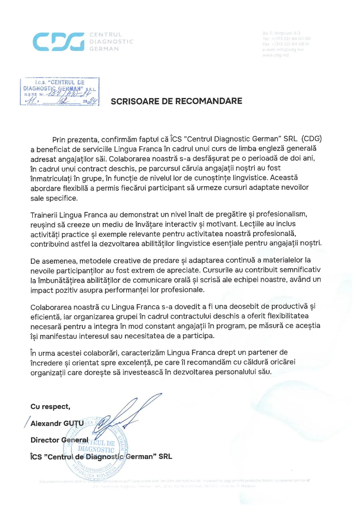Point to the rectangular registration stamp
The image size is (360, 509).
tap(60, 91)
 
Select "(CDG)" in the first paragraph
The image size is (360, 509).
tap(312, 139)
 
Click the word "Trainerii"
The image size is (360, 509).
tap(44, 215)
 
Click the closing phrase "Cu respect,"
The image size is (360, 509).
tap(50, 407)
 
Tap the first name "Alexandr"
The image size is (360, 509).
tap(46, 423)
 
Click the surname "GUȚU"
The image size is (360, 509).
tap(73, 423)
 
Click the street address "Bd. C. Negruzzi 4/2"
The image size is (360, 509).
tap(281, 33)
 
